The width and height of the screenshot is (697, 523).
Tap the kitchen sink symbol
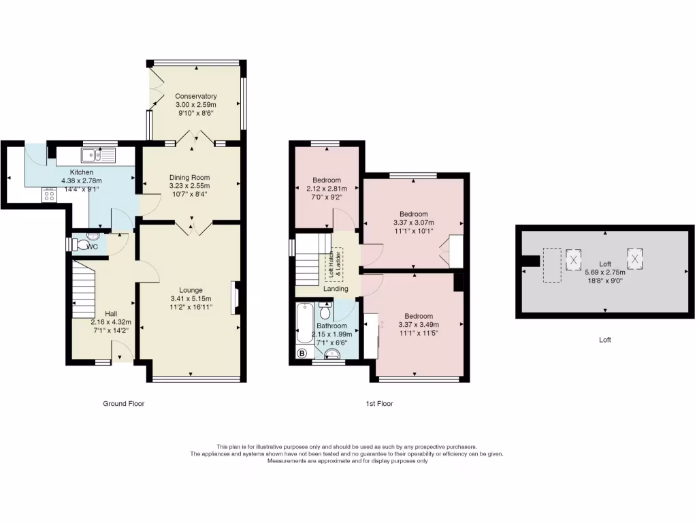[99, 155]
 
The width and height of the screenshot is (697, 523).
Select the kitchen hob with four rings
[50, 195]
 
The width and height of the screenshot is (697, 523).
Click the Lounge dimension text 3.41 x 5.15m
[190, 298]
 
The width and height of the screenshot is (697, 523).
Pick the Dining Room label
[190, 177]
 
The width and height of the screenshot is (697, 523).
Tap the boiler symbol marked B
[302, 353]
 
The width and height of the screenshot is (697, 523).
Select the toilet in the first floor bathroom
[325, 311]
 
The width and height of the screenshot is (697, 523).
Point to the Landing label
[336, 289]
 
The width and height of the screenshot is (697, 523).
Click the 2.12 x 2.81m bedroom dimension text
[327, 189]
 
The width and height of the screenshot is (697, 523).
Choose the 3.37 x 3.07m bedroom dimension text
[413, 222]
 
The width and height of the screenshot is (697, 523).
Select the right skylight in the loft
[636, 259]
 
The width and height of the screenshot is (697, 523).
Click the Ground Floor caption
[124, 403]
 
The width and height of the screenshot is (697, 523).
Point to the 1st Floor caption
[379, 403]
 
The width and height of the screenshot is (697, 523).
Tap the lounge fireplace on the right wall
[236, 298]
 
